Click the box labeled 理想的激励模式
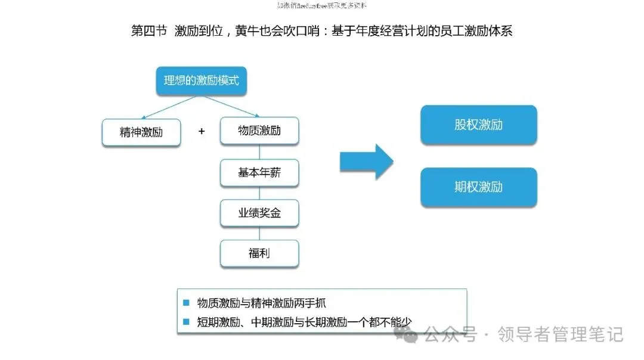[201, 80]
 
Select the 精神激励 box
[141, 132]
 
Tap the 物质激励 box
[259, 131]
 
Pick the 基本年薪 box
[259, 173]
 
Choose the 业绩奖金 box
[259, 213]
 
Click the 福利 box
[259, 253]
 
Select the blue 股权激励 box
[478, 125]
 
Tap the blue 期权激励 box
[478, 187]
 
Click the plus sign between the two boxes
[202, 131]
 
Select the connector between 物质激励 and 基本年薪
[259, 152]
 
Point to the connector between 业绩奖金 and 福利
[259, 233]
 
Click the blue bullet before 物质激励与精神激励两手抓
[186, 303]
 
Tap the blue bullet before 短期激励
[186, 322]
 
